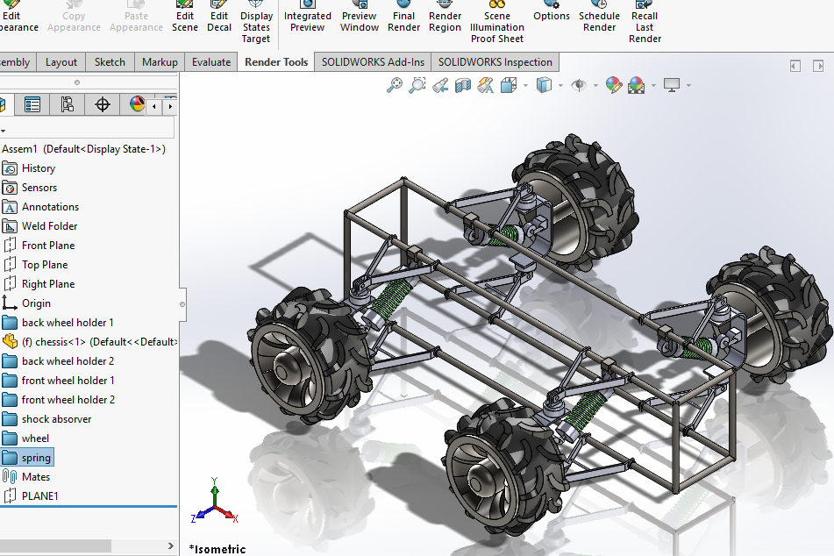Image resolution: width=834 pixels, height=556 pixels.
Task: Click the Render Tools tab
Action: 276,62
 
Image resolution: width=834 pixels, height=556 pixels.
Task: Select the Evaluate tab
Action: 211,62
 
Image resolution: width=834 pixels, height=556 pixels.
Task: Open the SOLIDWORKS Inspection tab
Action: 495,62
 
